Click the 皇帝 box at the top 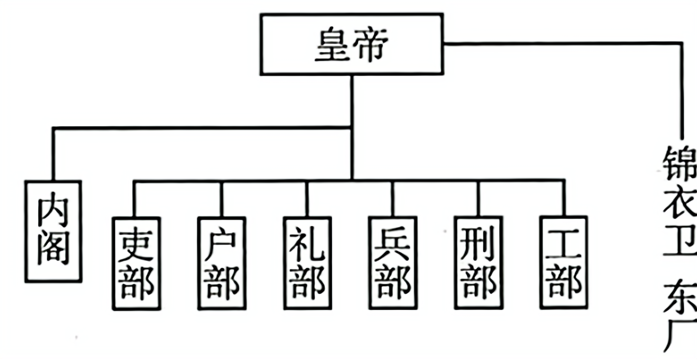coord(352,44)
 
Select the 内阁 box coord(53,231)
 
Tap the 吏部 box coord(137,263)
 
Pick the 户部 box coord(222,263)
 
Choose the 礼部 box coord(307,263)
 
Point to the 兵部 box coord(393,263)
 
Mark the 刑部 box coord(478,263)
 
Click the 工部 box coord(564,263)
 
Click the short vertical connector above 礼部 coord(307,198)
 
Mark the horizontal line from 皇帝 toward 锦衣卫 coord(561,44)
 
